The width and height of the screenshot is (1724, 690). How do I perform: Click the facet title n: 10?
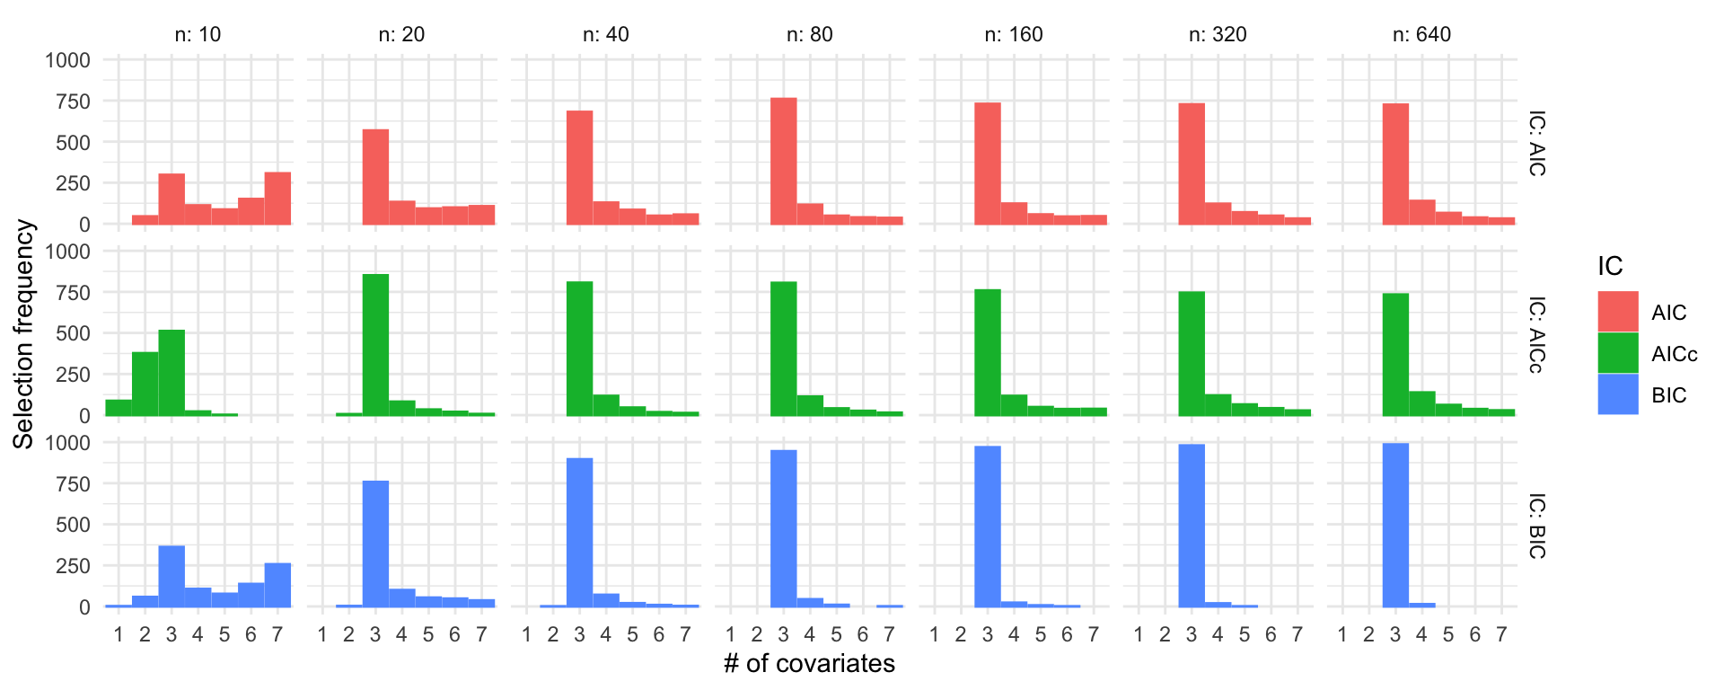click(198, 34)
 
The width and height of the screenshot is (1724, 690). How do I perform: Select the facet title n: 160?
click(1014, 34)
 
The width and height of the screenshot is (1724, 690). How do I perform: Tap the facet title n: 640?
click(1421, 34)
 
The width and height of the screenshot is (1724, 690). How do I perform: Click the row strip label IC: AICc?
click(1537, 334)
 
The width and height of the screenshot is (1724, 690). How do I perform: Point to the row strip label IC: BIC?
click(1537, 526)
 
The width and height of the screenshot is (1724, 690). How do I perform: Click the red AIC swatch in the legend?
click(1618, 312)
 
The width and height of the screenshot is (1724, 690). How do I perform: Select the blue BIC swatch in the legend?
click(1618, 394)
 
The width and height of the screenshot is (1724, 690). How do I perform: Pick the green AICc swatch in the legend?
click(1618, 353)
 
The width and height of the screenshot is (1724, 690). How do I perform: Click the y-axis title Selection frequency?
click(23, 334)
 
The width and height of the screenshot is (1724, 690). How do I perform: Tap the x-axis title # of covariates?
click(809, 663)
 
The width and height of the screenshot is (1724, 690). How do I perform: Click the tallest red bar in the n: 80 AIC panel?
click(783, 162)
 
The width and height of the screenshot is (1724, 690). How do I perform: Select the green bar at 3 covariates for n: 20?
click(375, 345)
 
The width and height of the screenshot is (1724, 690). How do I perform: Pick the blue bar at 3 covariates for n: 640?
click(1395, 525)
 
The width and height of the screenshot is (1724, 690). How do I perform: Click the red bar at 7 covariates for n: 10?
click(277, 199)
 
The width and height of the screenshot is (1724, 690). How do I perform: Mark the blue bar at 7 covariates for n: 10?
click(277, 585)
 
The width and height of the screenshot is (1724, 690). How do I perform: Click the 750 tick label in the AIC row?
click(68, 102)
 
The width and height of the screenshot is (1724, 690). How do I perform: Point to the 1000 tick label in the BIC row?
click(68, 442)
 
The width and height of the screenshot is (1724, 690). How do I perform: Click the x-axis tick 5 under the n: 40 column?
click(632, 635)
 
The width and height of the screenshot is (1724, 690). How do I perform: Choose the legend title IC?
click(1610, 266)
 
